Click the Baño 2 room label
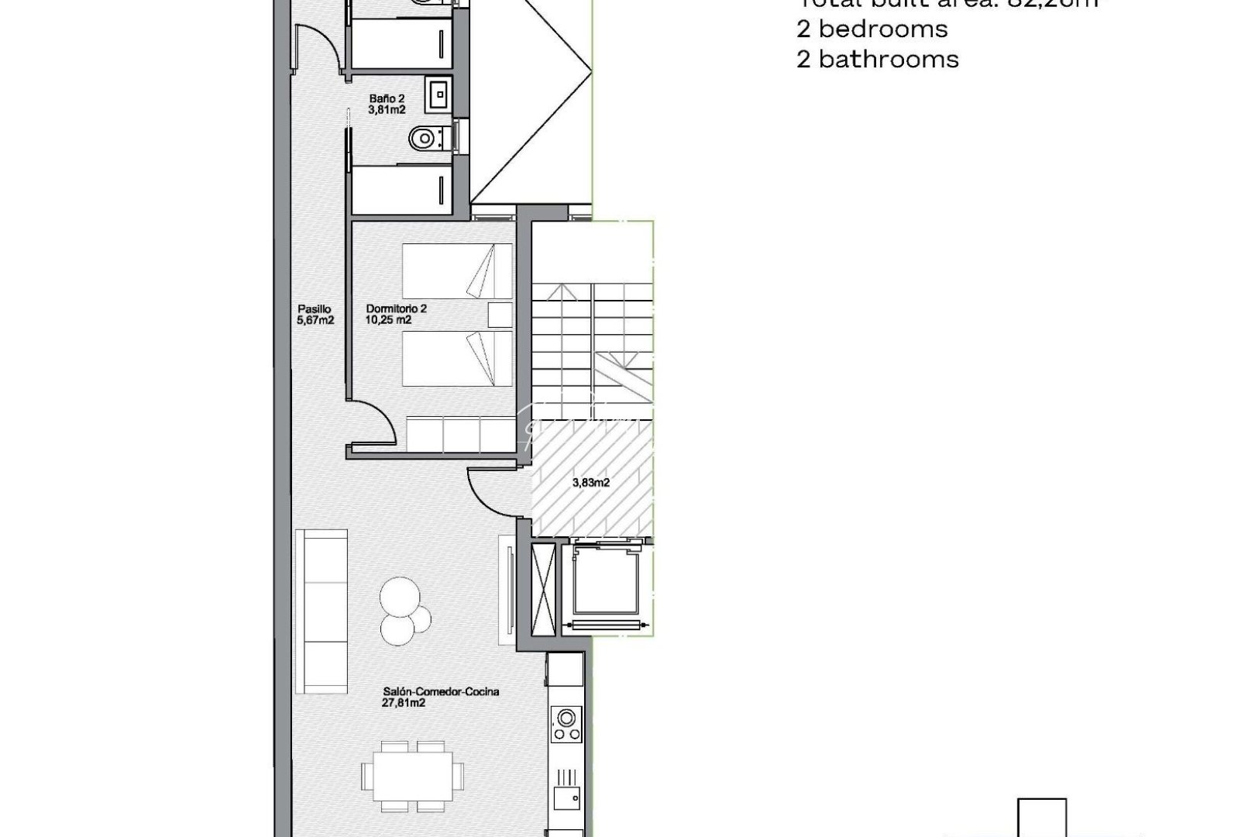pos(387,98)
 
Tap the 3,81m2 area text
pos(387,110)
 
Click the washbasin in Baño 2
pos(438,95)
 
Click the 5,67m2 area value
pos(315,319)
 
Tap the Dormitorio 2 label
pos(397,308)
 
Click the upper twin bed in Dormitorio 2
pos(457,271)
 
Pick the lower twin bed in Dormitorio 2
pos(457,358)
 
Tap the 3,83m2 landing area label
pos(591,482)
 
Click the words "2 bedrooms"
pos(872,29)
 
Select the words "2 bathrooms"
pos(877,59)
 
